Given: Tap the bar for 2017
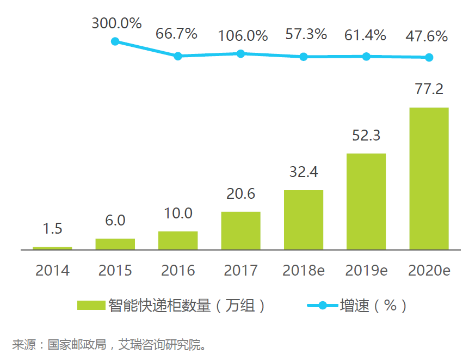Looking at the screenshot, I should (240, 230).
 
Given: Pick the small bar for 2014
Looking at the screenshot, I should (52, 248).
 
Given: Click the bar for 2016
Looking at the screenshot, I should (178, 240).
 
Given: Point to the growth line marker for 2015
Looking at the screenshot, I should (115, 41).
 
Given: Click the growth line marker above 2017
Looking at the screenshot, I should (240, 53).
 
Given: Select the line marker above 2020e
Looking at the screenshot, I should (429, 57).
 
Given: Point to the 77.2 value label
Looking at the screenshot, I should (429, 89).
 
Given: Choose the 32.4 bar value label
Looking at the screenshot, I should (304, 173).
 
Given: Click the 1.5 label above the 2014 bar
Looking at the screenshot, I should (52, 229).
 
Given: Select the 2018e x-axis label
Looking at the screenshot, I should (304, 270).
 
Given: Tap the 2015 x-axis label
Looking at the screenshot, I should (115, 270).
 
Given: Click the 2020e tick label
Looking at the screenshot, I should (429, 270).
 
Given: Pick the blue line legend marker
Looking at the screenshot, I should (322, 306).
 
